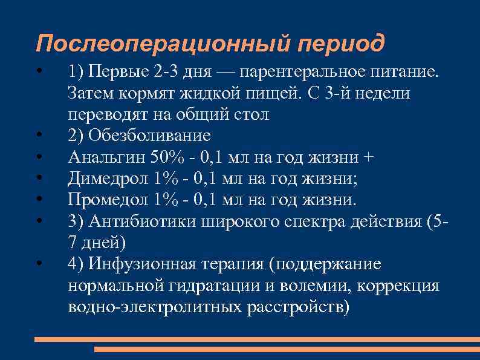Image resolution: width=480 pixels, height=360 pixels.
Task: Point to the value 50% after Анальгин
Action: click(x=166, y=157)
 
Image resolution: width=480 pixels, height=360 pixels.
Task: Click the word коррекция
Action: click(x=397, y=286)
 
